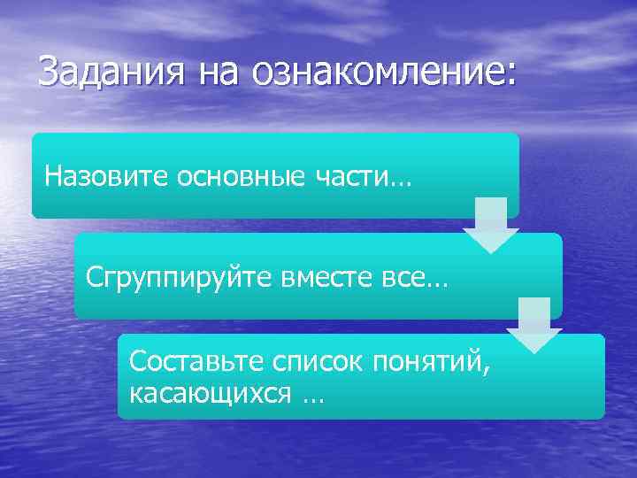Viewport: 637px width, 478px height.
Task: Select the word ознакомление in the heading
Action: (x=372, y=71)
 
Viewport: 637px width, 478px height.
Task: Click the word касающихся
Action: (x=209, y=393)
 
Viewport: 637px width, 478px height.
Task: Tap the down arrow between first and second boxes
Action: (x=490, y=226)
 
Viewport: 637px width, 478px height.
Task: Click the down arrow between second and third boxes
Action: (x=533, y=326)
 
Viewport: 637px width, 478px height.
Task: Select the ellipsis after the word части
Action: (x=399, y=183)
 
